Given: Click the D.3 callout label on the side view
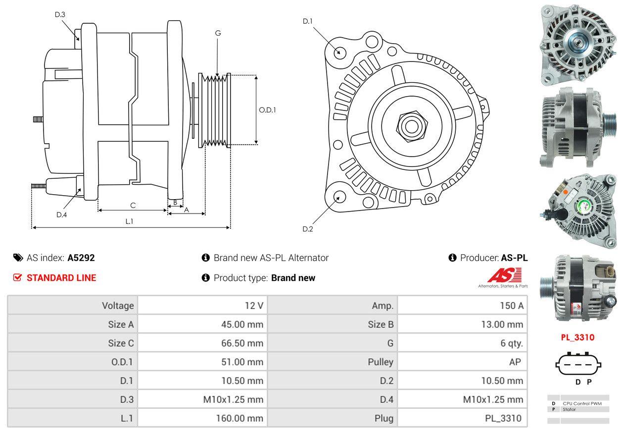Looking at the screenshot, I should [60, 15].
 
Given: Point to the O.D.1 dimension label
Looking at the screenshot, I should [267, 110].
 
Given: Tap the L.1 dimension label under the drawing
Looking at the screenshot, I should [129, 221].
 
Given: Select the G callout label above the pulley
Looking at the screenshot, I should [218, 33].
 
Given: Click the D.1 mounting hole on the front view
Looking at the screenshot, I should [339, 52].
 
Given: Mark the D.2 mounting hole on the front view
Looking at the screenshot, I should [339, 196].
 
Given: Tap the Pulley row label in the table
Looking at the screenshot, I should [381, 362].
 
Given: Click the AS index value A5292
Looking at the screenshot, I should [81, 258].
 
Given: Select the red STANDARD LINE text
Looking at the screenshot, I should [61, 278].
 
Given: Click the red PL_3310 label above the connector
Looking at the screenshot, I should [577, 337].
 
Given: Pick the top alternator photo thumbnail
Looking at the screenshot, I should [577, 44].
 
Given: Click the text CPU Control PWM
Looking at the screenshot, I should [582, 404].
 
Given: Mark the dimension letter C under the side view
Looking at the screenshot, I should [133, 205].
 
